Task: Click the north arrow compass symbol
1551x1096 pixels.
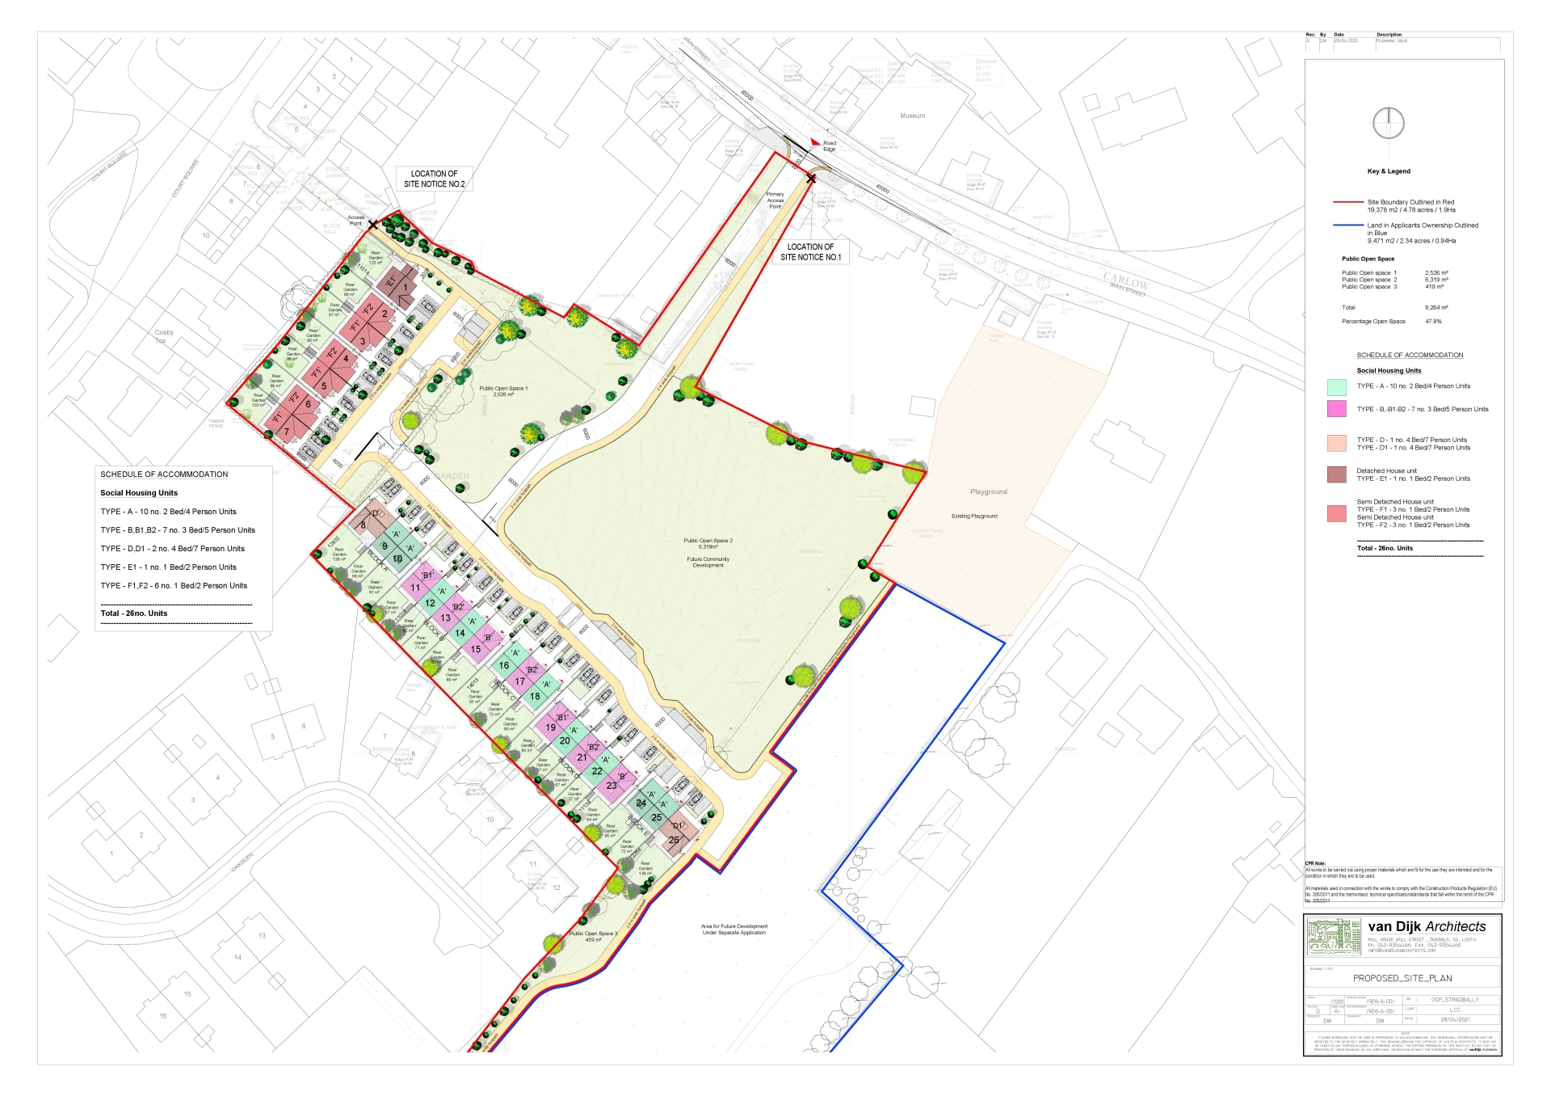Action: coord(1388,124)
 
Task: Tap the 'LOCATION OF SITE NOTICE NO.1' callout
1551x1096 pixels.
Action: coord(810,252)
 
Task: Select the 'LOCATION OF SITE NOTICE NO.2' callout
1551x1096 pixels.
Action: coord(434,179)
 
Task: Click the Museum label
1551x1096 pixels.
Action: coord(912,116)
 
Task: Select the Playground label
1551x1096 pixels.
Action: coord(988,491)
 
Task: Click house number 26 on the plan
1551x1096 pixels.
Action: coord(674,840)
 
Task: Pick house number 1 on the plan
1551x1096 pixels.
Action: coord(406,287)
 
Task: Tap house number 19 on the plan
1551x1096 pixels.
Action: coord(550,727)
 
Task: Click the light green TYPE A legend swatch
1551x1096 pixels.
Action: coord(1336,387)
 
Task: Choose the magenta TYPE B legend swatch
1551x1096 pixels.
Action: coord(1336,409)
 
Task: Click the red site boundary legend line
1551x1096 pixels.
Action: coord(1347,202)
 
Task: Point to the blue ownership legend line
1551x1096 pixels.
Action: coord(1347,226)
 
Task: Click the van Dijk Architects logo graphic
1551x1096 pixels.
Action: coord(1333,937)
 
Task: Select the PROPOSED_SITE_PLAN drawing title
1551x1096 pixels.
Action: coord(1402,978)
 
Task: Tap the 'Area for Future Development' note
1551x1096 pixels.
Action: coord(733,929)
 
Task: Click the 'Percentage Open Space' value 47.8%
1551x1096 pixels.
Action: coord(1433,322)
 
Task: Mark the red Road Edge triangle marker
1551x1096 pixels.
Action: coord(814,142)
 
